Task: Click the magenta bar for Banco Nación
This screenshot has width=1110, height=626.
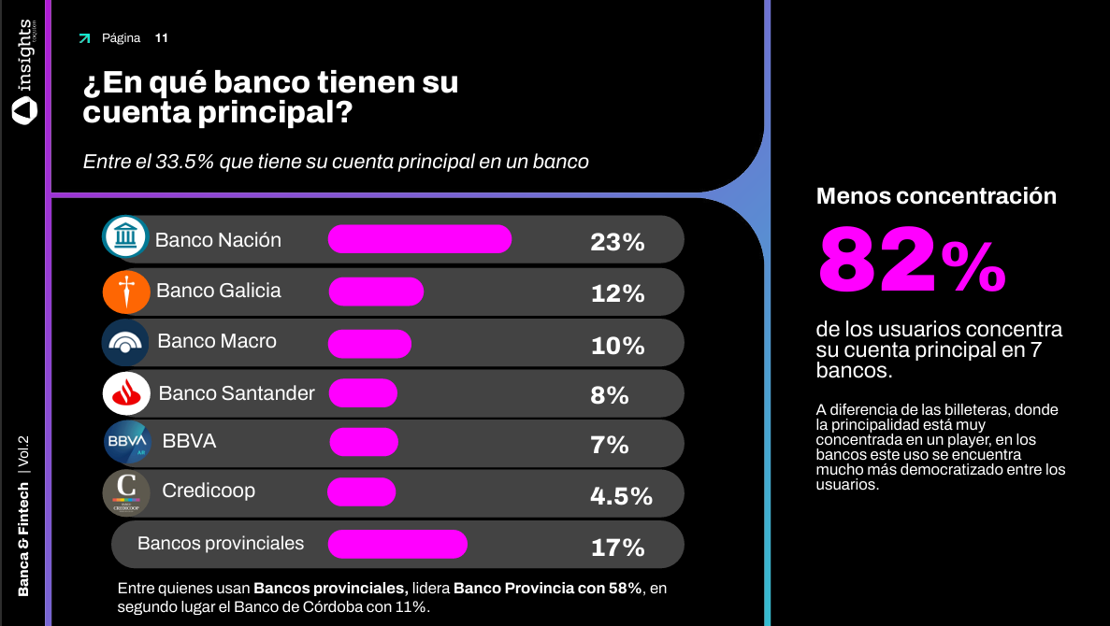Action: pyautogui.click(x=419, y=239)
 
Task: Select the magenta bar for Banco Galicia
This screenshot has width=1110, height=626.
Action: pyautogui.click(x=376, y=292)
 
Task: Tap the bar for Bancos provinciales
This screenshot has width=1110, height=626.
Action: pyautogui.click(x=397, y=544)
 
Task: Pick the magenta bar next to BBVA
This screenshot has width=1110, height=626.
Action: pyautogui.click(x=364, y=442)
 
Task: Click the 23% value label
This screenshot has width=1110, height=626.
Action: pyautogui.click(x=617, y=243)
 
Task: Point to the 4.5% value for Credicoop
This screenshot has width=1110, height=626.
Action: pyautogui.click(x=621, y=496)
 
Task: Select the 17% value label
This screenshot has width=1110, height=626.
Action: pyautogui.click(x=617, y=548)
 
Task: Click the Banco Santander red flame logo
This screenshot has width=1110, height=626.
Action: pyautogui.click(x=126, y=393)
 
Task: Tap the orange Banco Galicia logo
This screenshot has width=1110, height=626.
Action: pyautogui.click(x=126, y=292)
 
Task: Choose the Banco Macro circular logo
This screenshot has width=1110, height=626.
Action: pyautogui.click(x=125, y=342)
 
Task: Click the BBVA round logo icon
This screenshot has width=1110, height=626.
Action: pyautogui.click(x=127, y=443)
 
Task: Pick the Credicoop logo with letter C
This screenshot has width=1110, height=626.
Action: pyautogui.click(x=126, y=492)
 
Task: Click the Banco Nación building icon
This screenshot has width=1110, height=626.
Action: pyautogui.click(x=125, y=239)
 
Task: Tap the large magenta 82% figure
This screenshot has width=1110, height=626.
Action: pyautogui.click(x=912, y=262)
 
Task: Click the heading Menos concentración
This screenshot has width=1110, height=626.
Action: pyautogui.click(x=936, y=196)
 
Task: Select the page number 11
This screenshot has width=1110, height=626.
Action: pyautogui.click(x=162, y=38)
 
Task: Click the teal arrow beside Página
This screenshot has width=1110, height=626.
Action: pyautogui.click(x=85, y=38)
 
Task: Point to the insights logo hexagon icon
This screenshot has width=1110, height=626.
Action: pyautogui.click(x=24, y=110)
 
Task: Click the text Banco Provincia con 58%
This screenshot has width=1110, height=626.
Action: pyautogui.click(x=547, y=589)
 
